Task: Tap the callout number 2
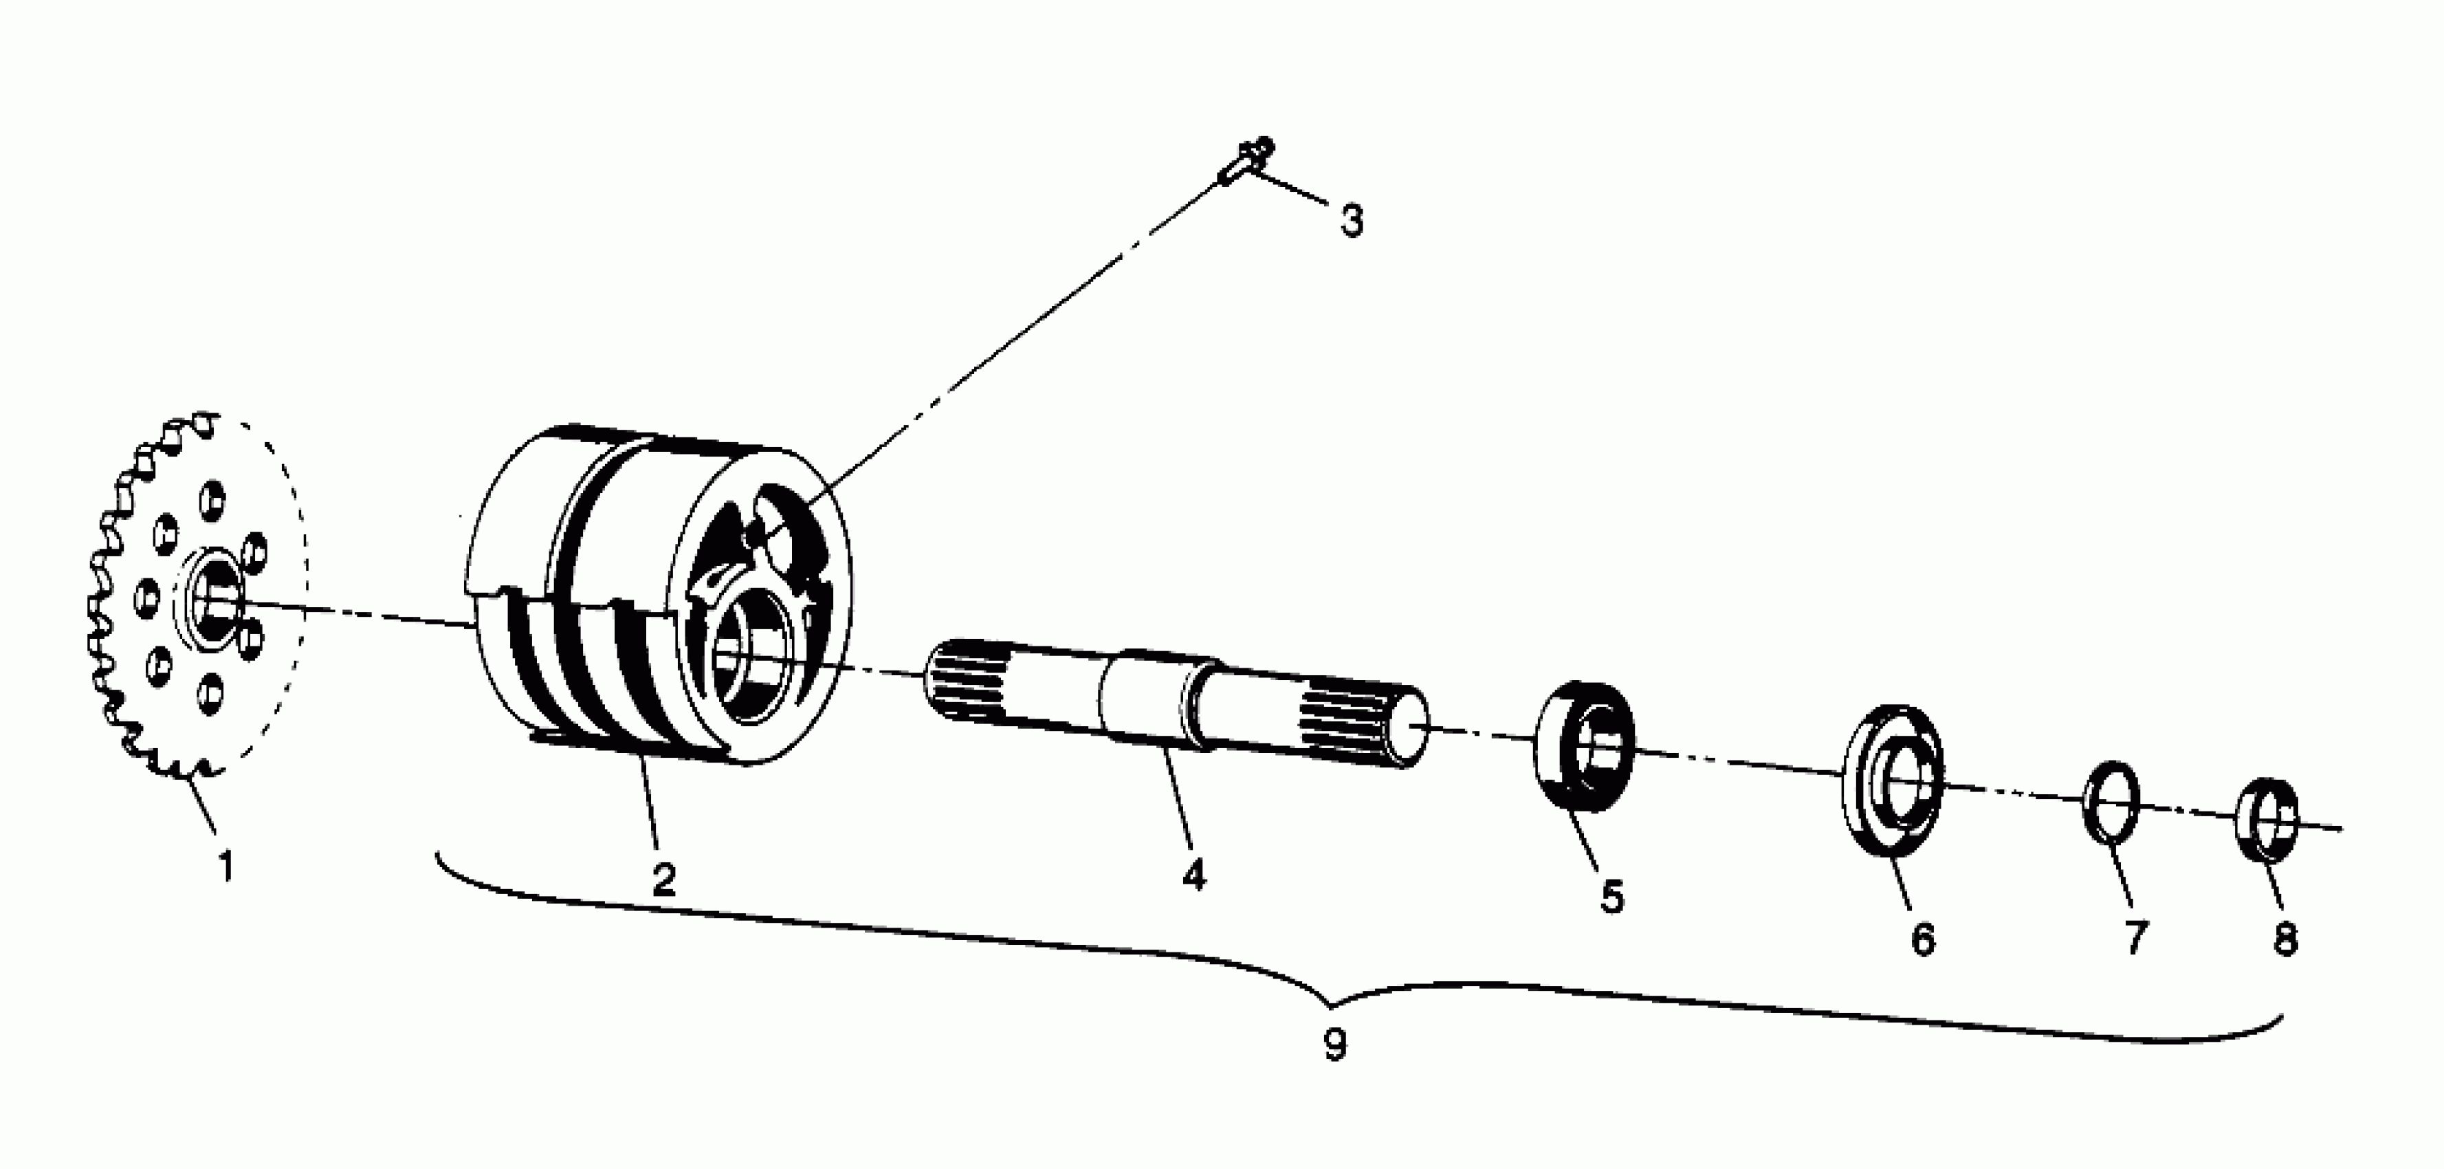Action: (663, 879)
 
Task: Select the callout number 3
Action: (1351, 221)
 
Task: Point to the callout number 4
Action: (1193, 874)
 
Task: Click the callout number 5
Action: (1612, 897)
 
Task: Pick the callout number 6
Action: (1922, 939)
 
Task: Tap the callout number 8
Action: (2286, 939)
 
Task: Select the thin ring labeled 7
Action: (2111, 801)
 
